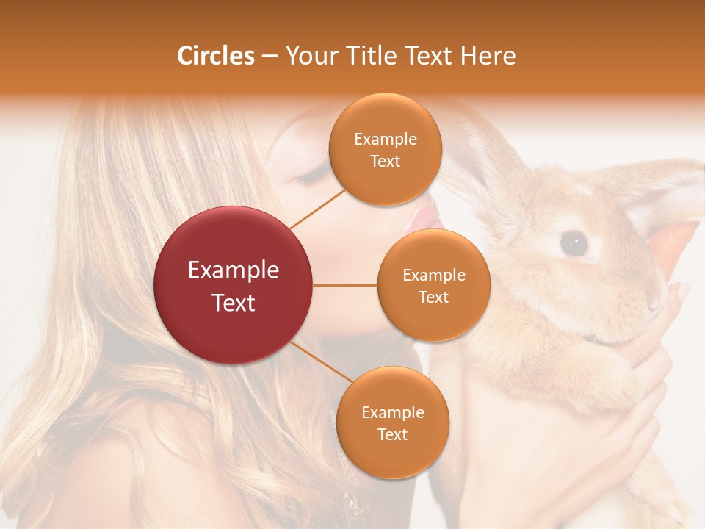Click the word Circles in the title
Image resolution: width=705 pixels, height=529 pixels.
pos(215,56)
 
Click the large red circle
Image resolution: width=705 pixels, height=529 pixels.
pos(234,285)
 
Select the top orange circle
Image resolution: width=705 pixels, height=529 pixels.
pos(385,150)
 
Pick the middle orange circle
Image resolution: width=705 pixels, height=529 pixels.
pos(433,285)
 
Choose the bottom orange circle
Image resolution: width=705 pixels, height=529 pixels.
pos(392,422)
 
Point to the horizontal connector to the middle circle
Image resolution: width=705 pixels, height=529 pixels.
pos(345,285)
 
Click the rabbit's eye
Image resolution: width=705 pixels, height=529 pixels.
pos(574,243)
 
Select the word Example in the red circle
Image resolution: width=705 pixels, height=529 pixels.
pos(234,270)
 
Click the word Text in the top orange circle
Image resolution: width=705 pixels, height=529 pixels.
pos(385,162)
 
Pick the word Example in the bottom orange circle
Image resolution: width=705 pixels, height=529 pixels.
pos(392,412)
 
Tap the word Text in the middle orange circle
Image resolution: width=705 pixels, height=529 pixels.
pos(433,297)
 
